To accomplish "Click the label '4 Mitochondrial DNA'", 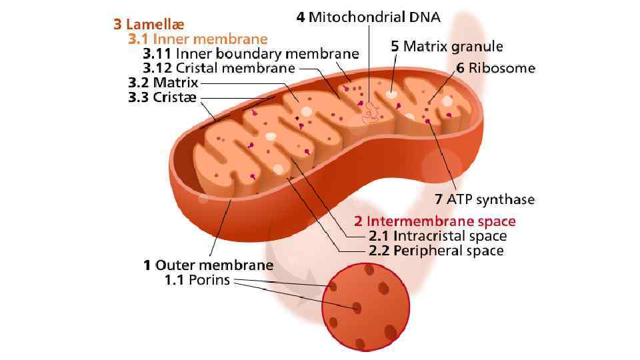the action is (x=369, y=17).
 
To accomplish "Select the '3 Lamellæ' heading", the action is (x=147, y=25).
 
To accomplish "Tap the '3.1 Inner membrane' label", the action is (x=197, y=39).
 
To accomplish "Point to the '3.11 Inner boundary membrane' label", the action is (x=251, y=53).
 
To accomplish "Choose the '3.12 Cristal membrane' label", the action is (x=219, y=68).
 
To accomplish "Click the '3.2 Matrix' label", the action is (x=163, y=83).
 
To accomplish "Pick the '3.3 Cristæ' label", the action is (x=162, y=98).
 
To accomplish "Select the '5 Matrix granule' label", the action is (x=447, y=47).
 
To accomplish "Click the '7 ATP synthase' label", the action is (x=485, y=199).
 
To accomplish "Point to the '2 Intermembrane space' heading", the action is (x=435, y=221).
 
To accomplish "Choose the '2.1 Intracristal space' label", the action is (x=437, y=236).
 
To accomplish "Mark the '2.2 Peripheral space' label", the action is (x=436, y=251).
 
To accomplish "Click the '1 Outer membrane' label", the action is (x=208, y=265).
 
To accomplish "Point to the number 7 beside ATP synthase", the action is (x=438, y=199).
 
